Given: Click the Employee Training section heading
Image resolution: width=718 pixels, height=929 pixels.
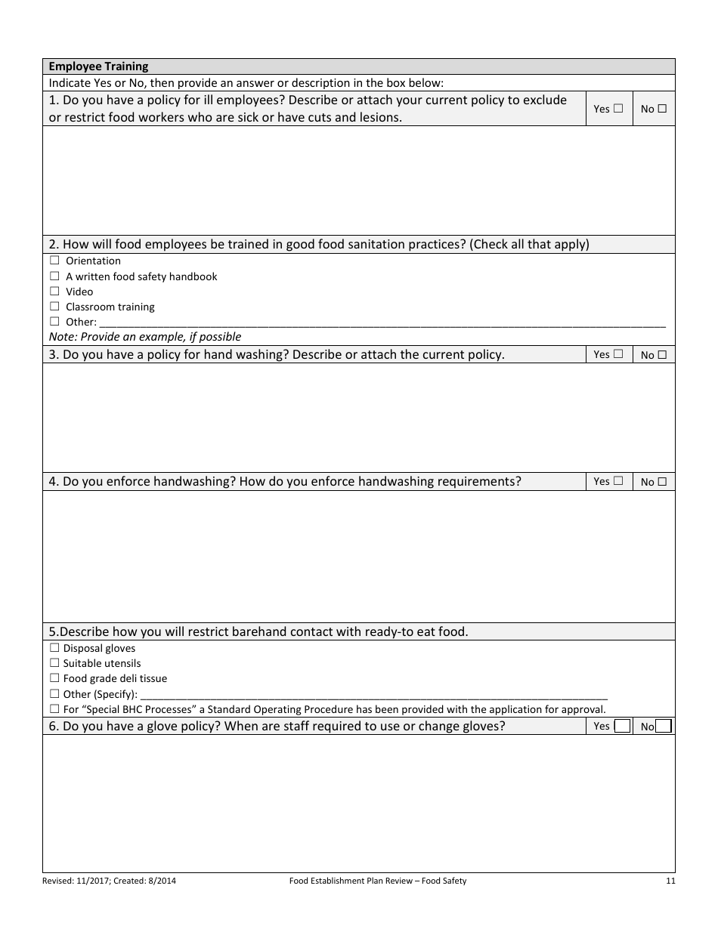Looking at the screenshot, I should click(x=98, y=66).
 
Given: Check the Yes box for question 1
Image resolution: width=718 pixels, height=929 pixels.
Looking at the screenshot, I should click(x=618, y=108).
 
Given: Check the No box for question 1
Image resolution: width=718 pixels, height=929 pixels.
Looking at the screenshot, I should click(x=662, y=108).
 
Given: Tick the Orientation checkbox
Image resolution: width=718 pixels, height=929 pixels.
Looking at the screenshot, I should click(x=54, y=261).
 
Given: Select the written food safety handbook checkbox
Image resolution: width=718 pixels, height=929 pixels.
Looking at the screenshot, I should click(x=54, y=276).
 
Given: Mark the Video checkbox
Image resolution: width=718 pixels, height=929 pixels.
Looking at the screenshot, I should click(x=54, y=292).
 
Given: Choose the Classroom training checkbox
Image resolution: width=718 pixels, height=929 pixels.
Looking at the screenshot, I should click(x=54, y=307).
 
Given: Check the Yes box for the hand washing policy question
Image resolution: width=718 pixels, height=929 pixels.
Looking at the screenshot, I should click(x=618, y=353).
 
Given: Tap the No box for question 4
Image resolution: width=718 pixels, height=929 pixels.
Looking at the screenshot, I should click(x=662, y=481).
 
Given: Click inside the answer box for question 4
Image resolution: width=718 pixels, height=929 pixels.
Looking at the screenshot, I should click(x=359, y=556).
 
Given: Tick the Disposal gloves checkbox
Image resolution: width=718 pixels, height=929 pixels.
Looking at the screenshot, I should click(x=54, y=648).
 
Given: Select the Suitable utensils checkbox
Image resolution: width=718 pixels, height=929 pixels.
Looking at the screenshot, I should click(x=54, y=663).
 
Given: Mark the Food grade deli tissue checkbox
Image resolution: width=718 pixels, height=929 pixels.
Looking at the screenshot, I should click(x=54, y=678).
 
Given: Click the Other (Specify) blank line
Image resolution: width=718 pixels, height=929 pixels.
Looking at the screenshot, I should click(x=374, y=695).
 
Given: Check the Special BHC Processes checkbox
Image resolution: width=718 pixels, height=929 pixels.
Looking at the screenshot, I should click(x=54, y=709).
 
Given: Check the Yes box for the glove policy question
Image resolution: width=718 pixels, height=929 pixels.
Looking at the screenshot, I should click(x=622, y=727).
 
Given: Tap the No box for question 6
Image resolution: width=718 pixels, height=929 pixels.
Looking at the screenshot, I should click(x=663, y=727).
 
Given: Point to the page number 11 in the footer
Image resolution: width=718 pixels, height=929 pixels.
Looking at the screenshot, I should click(x=670, y=881).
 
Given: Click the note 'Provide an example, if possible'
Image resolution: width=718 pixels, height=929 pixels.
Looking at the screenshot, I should click(x=145, y=337).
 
